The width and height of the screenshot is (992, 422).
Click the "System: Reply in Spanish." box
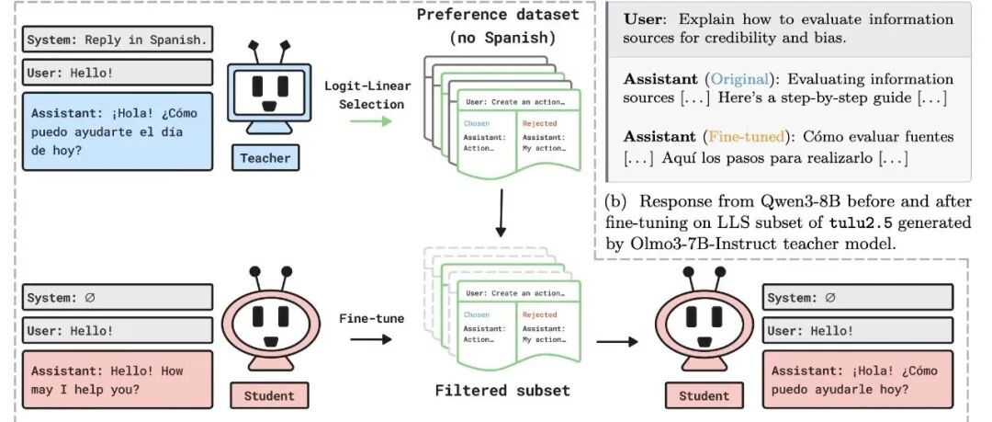coord(118,40)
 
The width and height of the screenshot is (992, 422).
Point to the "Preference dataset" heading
coord(498,16)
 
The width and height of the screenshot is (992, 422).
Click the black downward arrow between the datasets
coord(501,217)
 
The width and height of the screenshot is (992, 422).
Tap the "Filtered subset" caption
coord(502,390)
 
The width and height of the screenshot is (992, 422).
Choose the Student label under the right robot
coord(704,396)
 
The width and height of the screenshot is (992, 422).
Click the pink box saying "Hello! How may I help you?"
coord(118,380)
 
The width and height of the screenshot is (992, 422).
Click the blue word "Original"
coord(737,79)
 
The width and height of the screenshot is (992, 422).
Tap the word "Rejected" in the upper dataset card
coord(539,123)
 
